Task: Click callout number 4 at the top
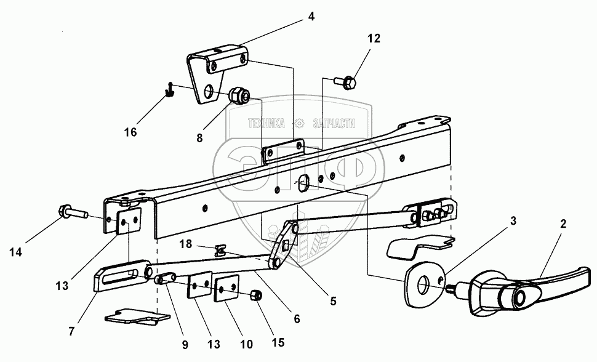[x=311, y=17]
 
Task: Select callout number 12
[x=374, y=39]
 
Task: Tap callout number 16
[x=130, y=132]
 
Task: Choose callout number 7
[x=72, y=331]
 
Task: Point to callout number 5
[x=332, y=302]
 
